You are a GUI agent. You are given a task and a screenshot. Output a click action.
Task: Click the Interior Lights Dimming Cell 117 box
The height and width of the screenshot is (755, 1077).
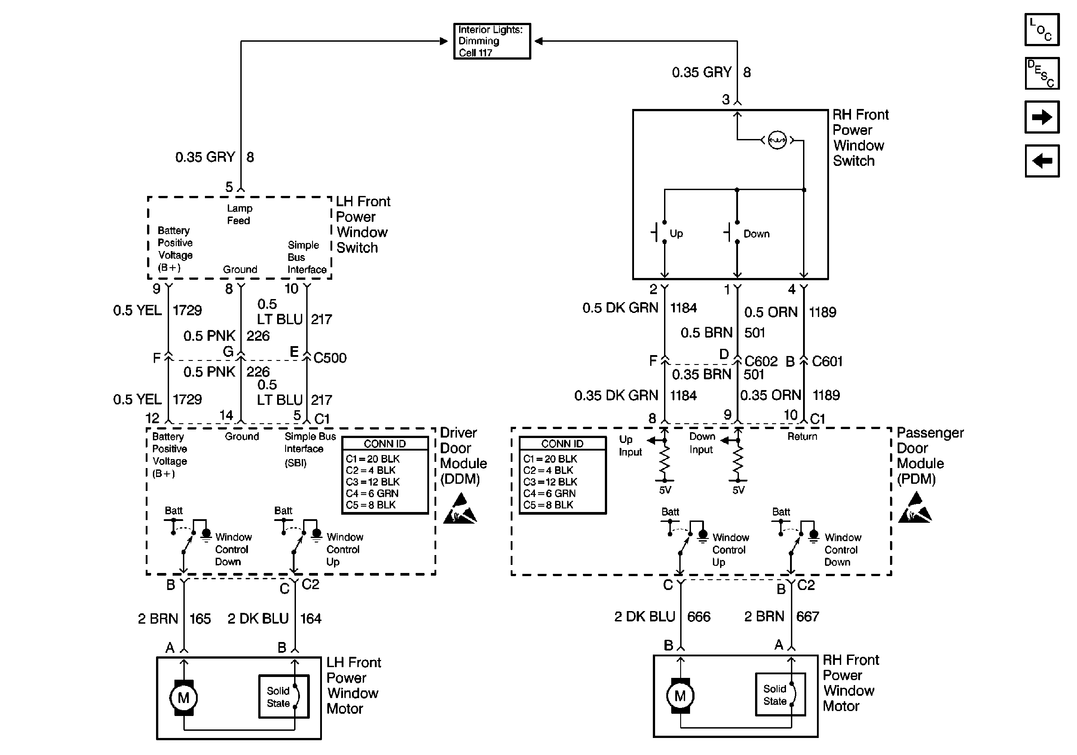(x=491, y=41)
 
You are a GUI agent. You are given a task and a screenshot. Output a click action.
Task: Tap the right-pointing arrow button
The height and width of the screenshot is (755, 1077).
(x=1042, y=117)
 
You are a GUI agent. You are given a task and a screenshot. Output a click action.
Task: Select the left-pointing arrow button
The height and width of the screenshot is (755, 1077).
(x=1042, y=161)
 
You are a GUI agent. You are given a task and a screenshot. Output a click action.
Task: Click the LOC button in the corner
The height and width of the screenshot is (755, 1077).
(x=1042, y=30)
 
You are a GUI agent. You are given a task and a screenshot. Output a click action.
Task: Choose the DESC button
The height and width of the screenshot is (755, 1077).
(x=1042, y=73)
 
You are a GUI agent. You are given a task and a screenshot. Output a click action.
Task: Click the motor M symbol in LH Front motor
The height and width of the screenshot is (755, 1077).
(x=183, y=698)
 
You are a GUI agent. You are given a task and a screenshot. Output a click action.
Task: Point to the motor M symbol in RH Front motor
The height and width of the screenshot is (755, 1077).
(x=680, y=696)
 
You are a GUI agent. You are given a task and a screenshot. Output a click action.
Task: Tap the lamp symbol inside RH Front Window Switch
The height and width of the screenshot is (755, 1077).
(x=777, y=140)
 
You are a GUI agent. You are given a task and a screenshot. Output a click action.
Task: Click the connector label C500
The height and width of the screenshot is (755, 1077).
(x=330, y=358)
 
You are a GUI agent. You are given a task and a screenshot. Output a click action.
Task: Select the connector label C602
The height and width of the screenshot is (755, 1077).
(x=761, y=361)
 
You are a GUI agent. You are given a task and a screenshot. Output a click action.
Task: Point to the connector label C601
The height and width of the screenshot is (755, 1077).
(x=827, y=361)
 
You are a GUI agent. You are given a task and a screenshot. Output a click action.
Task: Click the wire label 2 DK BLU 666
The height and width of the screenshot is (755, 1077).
(x=662, y=616)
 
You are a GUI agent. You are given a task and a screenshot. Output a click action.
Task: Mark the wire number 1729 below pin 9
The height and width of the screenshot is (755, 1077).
(x=187, y=310)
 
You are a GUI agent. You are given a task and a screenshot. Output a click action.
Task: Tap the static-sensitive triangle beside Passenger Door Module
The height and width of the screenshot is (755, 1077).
(x=915, y=508)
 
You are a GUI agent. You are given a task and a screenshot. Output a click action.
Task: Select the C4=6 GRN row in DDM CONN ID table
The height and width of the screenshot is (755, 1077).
(x=372, y=493)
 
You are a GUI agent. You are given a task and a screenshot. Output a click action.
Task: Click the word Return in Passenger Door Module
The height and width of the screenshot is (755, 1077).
(x=802, y=437)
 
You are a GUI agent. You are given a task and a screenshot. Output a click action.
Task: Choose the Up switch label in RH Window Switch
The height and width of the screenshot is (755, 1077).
(x=676, y=234)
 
